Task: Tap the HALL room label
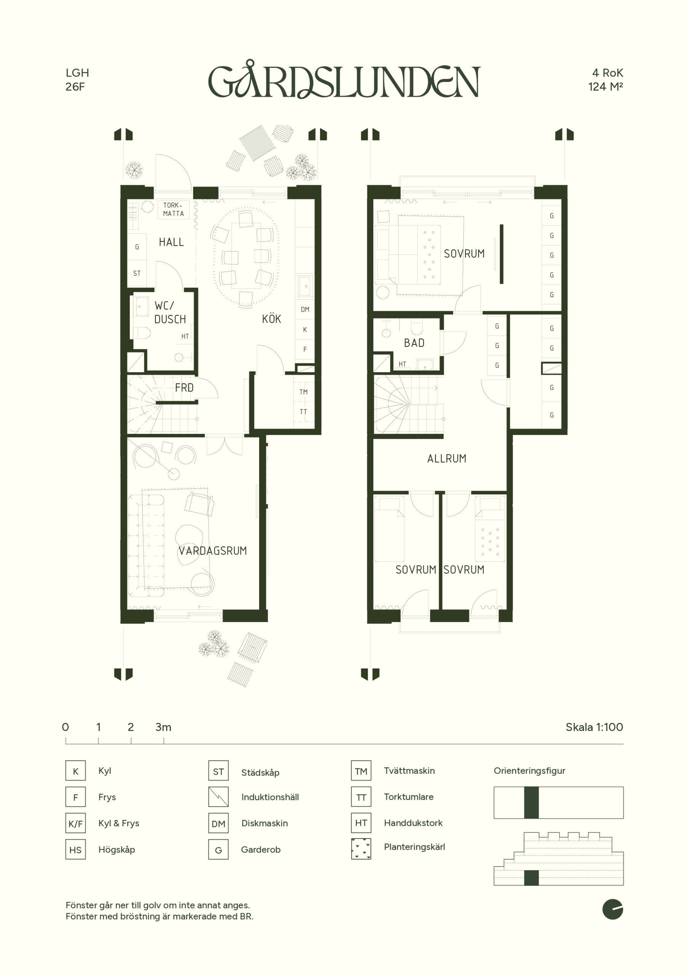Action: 171,242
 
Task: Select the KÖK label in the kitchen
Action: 271,318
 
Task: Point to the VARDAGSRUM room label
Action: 212,551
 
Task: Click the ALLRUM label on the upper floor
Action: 447,458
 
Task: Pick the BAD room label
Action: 414,343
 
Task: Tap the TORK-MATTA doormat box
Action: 174,209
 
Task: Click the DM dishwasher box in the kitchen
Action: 305,309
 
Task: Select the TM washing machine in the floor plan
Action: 303,392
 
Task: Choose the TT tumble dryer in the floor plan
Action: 303,411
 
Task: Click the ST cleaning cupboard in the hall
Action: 137,273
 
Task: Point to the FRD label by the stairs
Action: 184,387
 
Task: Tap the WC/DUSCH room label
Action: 170,312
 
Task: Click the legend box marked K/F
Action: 76,824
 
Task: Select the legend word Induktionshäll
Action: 270,797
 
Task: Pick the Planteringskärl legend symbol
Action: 361,849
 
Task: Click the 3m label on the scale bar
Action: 163,727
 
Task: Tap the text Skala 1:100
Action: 594,727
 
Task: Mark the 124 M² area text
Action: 605,86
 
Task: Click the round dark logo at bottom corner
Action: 612,909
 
